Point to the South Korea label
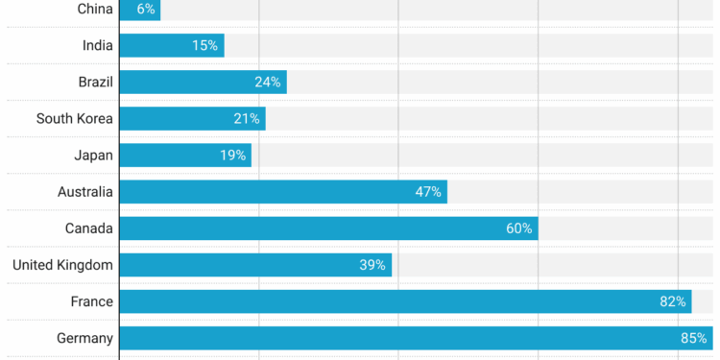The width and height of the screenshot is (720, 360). (74, 119)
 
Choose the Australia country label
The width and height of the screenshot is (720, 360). (84, 192)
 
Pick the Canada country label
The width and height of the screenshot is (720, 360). (88, 228)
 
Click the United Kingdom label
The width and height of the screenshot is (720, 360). (62, 265)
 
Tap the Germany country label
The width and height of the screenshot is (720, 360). (84, 338)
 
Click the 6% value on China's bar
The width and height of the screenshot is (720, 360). (145, 9)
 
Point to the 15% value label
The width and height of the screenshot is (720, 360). (204, 45)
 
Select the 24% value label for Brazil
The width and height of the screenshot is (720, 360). (267, 83)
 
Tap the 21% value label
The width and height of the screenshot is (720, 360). (246, 119)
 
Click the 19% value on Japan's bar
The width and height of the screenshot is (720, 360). (232, 156)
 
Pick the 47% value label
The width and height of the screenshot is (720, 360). (427, 192)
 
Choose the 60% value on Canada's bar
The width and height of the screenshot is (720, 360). (518, 228)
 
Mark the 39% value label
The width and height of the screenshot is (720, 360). (372, 265)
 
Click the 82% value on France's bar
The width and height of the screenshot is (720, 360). (672, 301)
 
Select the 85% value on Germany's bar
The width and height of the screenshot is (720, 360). (694, 338)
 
